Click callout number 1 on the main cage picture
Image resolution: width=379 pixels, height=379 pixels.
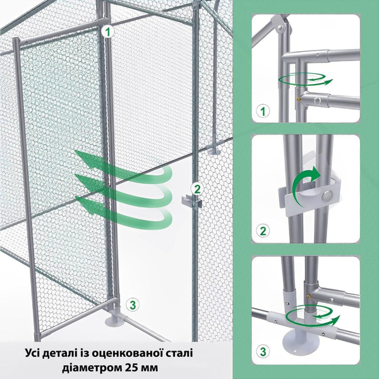108,30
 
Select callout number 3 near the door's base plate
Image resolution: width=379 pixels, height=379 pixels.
132,304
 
